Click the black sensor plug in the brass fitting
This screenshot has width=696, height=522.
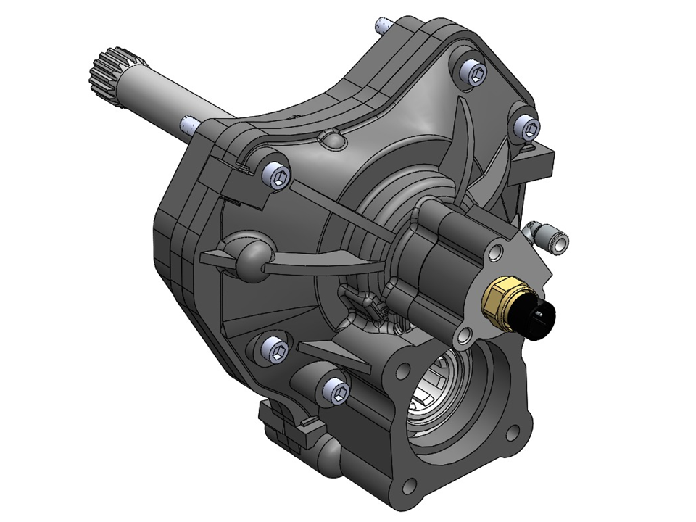(x=541, y=318)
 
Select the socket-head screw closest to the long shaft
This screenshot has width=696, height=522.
(x=277, y=175)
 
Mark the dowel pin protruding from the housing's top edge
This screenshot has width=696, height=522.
(x=380, y=27)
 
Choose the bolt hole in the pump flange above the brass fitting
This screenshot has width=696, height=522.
(x=497, y=252)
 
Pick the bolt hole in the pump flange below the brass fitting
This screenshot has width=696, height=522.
(x=465, y=334)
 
